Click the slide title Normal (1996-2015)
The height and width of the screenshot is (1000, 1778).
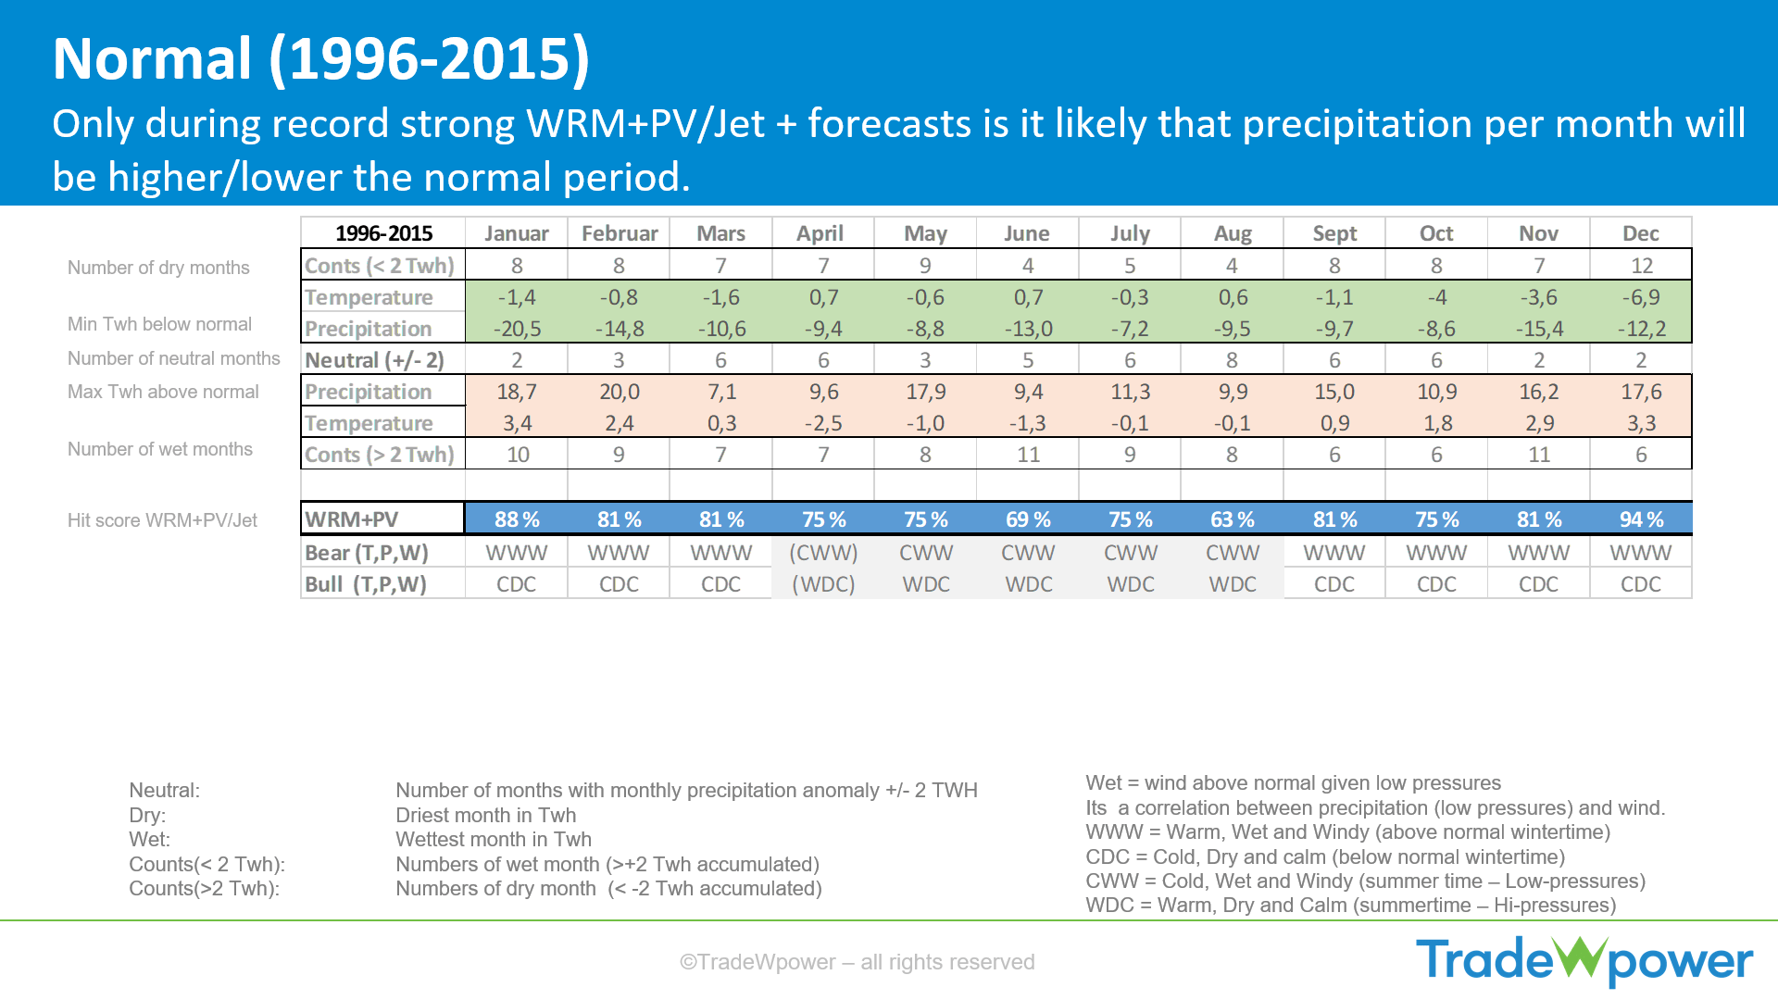tap(320, 59)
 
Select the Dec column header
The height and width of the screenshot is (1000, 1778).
tap(1640, 233)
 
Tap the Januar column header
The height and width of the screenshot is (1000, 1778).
tap(516, 233)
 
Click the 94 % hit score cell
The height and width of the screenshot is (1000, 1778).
tap(1640, 519)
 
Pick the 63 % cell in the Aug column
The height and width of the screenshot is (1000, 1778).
tap(1232, 519)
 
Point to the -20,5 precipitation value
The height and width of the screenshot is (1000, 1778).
tap(517, 329)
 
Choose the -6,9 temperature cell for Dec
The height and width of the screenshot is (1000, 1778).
tap(1640, 297)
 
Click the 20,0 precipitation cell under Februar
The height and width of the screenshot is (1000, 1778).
tap(619, 392)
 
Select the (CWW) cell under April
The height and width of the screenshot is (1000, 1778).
tap(823, 553)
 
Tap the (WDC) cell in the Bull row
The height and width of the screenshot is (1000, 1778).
tap(823, 584)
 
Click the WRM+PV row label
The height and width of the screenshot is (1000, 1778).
tap(382, 519)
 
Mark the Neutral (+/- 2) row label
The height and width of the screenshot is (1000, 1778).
tap(374, 360)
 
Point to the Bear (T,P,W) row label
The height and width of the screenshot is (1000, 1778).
tap(367, 553)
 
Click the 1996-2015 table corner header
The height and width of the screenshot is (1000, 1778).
tap(383, 233)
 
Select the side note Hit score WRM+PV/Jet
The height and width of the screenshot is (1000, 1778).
tap(162, 520)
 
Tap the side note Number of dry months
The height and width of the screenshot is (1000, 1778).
tap(158, 268)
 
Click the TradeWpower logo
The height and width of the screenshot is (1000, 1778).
tap(1584, 960)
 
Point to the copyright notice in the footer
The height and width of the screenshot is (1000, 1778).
tap(857, 962)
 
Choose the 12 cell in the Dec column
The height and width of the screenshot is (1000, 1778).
tap(1641, 266)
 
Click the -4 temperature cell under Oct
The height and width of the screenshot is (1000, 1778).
tap(1436, 297)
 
